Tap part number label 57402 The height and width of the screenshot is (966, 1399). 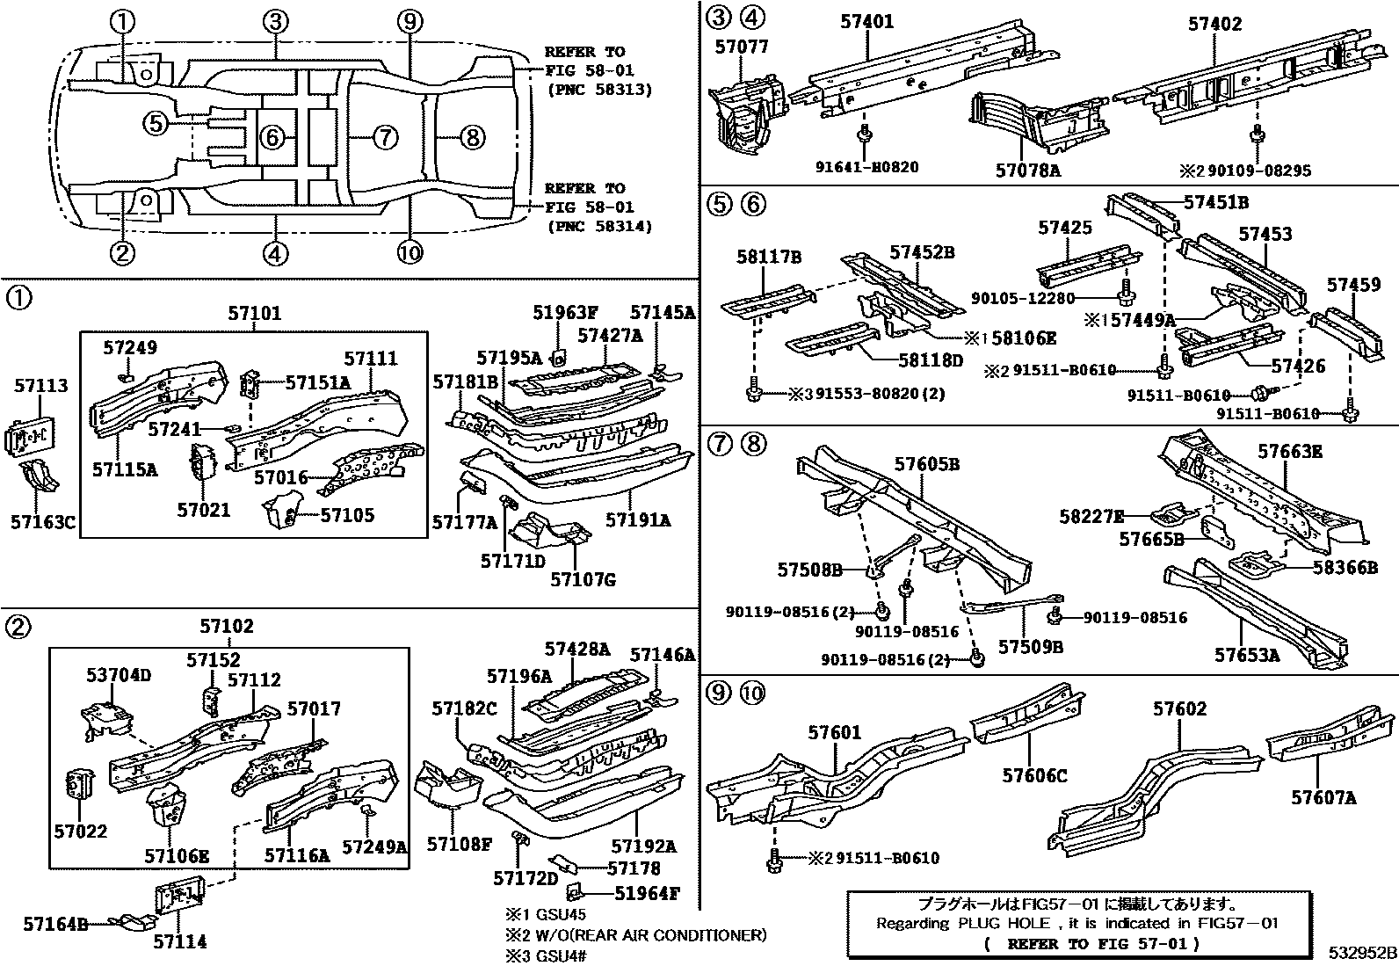1215,24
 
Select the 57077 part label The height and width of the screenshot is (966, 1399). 741,47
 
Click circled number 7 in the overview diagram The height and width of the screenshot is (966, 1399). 385,137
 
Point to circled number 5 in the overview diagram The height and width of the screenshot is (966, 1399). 156,124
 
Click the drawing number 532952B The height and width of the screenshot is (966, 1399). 1361,954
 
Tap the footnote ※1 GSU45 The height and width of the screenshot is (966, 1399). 545,915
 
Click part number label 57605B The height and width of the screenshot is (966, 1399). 927,464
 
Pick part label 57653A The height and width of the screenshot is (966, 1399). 1247,655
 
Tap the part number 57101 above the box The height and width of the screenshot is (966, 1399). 254,314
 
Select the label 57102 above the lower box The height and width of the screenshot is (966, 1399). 226,626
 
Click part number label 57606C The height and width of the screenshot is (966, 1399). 1034,775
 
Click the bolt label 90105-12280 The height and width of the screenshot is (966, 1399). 1023,298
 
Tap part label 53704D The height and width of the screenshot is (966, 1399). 119,675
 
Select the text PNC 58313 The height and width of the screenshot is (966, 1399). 598,90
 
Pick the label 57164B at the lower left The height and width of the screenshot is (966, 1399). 55,924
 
